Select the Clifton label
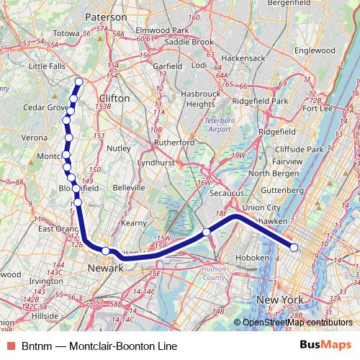point(114,97)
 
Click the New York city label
point(279,299)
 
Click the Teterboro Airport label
point(219,124)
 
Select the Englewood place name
point(315,51)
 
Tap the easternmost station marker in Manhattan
point(294,248)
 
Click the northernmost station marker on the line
point(78,81)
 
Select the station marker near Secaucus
point(207,232)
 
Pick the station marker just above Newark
point(106,251)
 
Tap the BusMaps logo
point(326,345)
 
